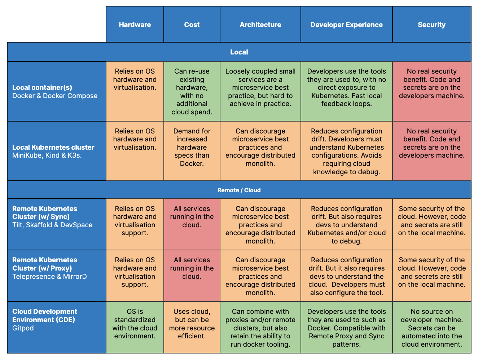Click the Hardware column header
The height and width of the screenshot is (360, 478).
click(x=135, y=25)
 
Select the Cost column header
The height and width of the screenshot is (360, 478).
click(x=192, y=25)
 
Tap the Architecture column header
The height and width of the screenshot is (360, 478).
click(x=260, y=25)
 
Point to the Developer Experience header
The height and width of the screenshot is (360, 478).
click(x=346, y=25)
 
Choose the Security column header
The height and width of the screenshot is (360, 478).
click(x=431, y=25)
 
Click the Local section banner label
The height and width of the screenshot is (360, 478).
click(x=239, y=52)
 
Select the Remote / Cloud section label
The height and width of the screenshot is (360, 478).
click(x=239, y=190)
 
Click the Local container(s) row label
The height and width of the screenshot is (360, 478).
click(x=42, y=87)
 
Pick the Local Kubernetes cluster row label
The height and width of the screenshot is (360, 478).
click(x=53, y=147)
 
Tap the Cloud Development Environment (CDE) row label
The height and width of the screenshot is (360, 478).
click(x=45, y=315)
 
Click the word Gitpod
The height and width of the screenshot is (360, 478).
click(x=23, y=328)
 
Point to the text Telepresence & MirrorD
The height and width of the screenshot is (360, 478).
click(x=49, y=276)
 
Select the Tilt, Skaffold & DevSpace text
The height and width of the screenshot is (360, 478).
click(x=52, y=225)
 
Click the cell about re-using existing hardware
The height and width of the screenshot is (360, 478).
click(x=192, y=91)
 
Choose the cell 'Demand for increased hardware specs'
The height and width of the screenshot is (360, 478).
click(x=192, y=151)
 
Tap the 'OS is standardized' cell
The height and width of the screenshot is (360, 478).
click(x=135, y=327)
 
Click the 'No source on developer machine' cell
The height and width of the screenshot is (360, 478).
click(x=431, y=327)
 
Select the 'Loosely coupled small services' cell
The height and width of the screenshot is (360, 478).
click(x=260, y=91)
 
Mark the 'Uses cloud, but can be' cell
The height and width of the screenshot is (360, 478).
click(x=192, y=327)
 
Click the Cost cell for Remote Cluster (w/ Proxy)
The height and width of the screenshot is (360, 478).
click(x=192, y=276)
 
